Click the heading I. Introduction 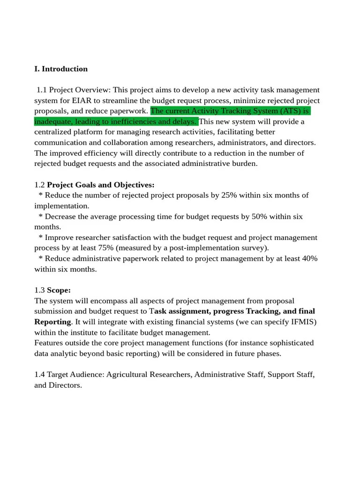coord(61,69)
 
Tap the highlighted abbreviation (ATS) coord(290,111)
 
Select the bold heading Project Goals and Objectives coord(101,185)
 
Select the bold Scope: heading coord(59,290)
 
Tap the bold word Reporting coord(52,322)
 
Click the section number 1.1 coord(42,90)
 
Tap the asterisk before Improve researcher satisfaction coord(41,238)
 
